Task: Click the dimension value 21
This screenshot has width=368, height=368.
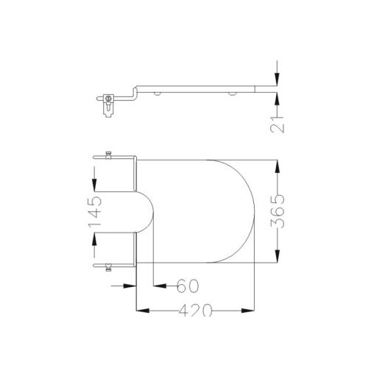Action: (x=277, y=124)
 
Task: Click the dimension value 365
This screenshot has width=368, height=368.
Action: (x=277, y=211)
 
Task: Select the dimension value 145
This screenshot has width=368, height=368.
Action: (x=95, y=212)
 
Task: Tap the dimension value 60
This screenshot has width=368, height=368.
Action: (x=188, y=286)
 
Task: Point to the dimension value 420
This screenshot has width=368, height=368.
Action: (x=195, y=311)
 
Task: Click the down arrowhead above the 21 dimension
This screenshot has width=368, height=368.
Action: (x=277, y=79)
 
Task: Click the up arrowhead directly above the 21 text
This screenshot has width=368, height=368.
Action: (x=277, y=100)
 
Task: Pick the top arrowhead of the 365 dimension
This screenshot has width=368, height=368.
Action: (x=277, y=167)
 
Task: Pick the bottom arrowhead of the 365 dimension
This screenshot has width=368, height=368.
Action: (x=277, y=255)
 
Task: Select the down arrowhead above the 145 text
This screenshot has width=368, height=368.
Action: (x=94, y=184)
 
